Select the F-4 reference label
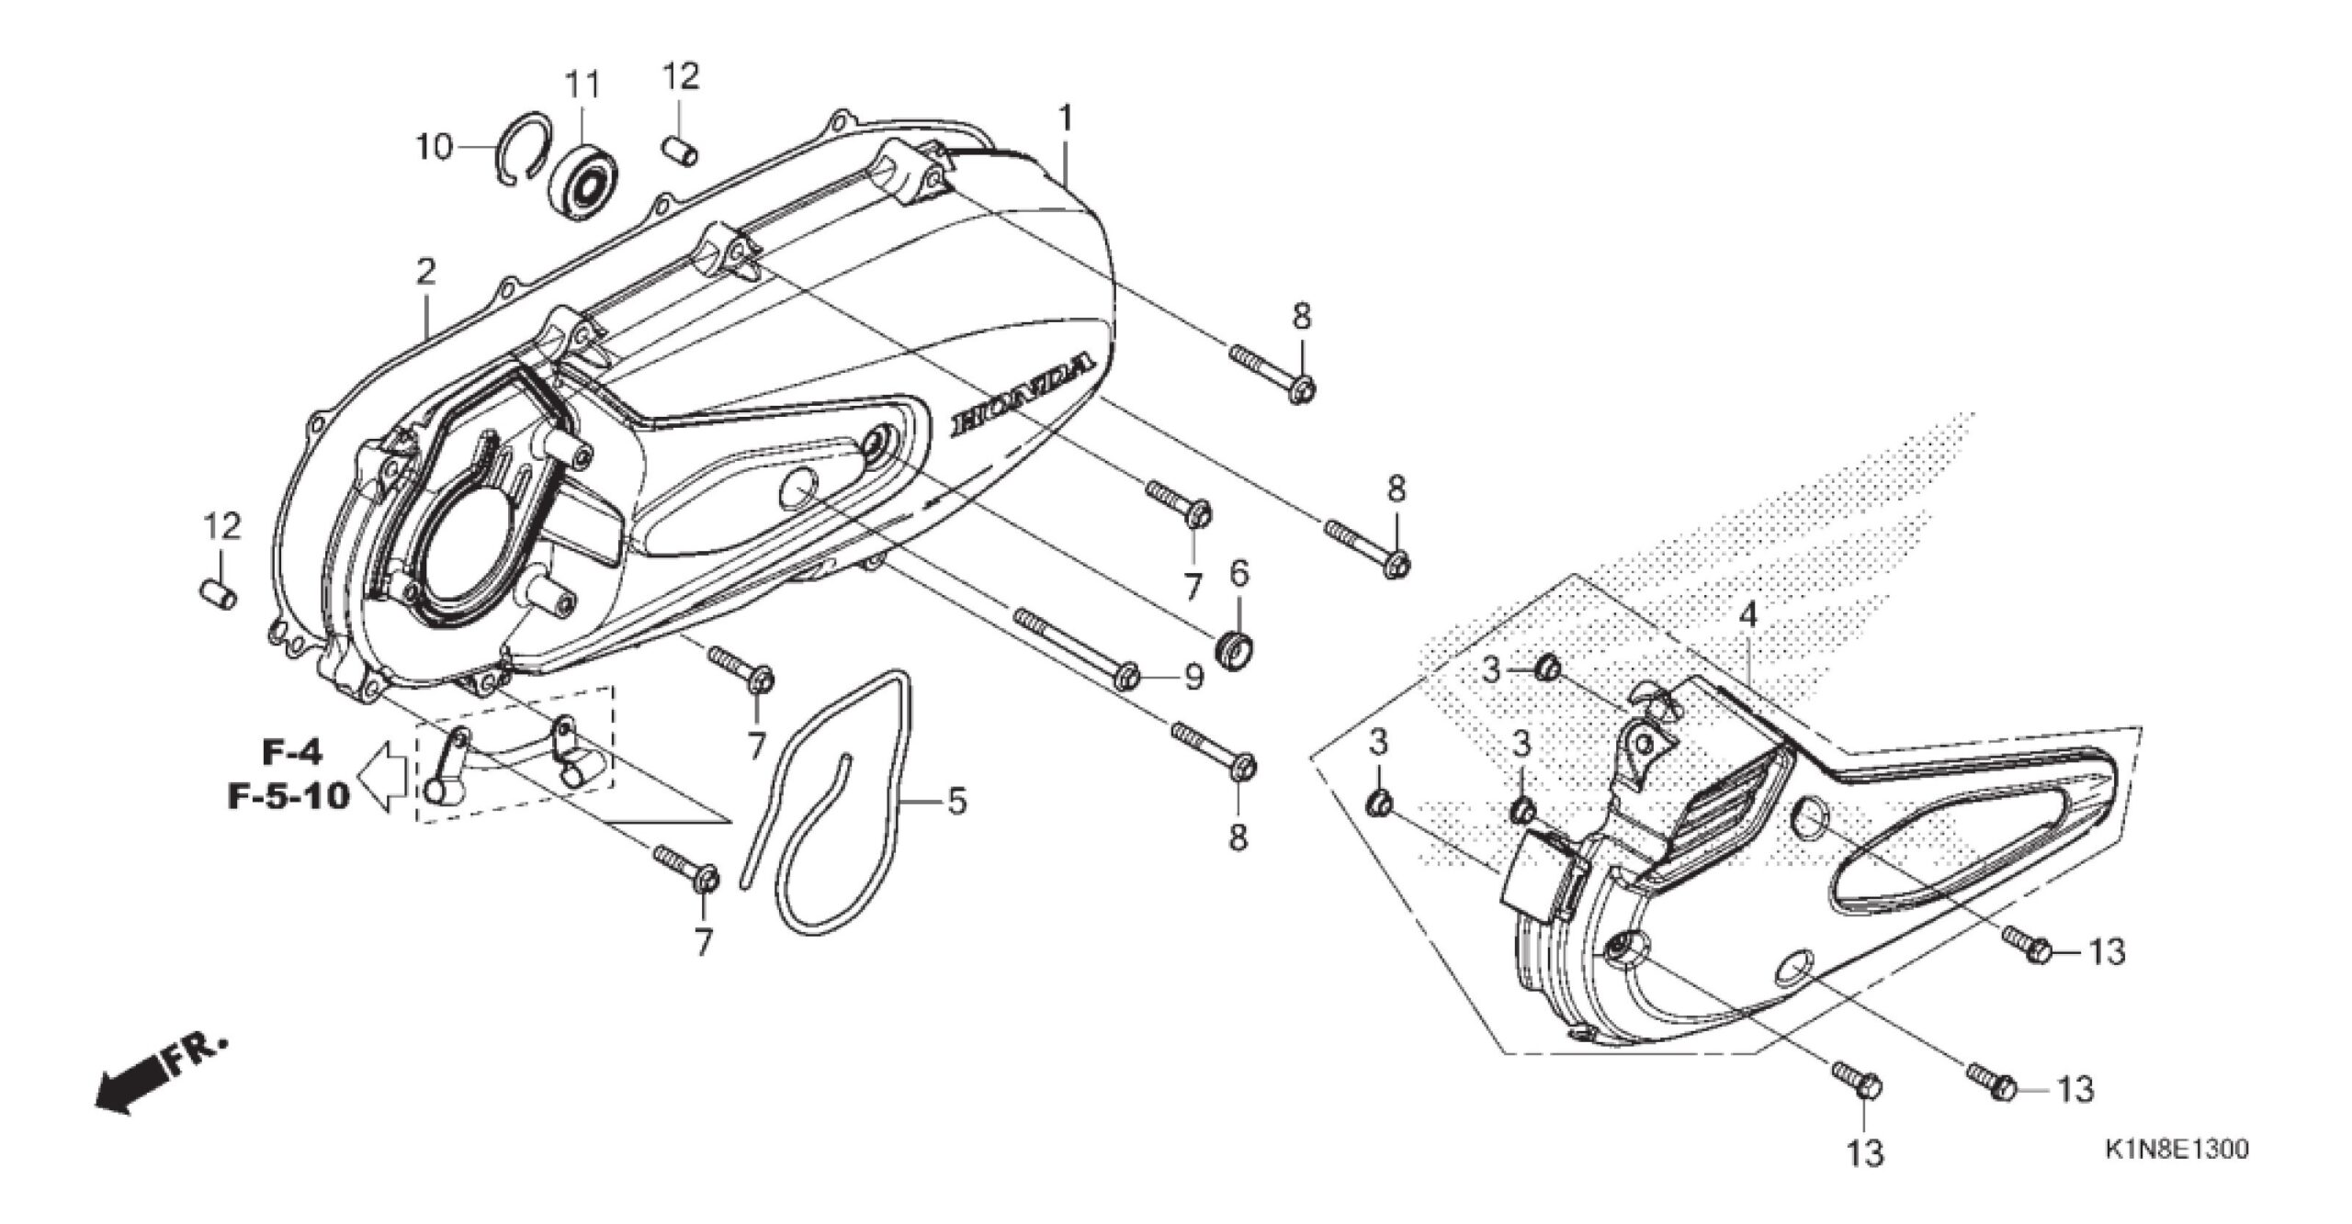(x=293, y=753)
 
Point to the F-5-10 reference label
(x=289, y=795)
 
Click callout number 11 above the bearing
(x=582, y=85)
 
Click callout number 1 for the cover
(x=1066, y=118)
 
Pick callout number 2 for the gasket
(x=425, y=270)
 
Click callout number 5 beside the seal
(x=956, y=802)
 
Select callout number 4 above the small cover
(x=1747, y=614)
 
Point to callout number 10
(x=435, y=147)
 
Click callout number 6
(x=1239, y=576)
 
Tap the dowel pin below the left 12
(x=219, y=594)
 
